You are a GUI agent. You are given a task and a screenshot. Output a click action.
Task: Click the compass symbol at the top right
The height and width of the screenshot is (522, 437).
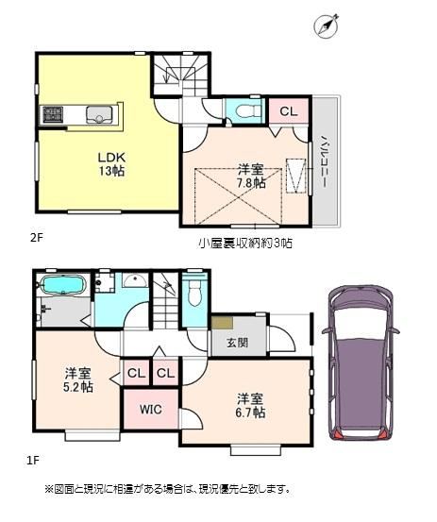pyautogui.click(x=326, y=25)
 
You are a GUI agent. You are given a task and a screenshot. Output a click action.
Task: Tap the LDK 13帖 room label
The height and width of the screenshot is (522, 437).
pyautogui.click(x=111, y=164)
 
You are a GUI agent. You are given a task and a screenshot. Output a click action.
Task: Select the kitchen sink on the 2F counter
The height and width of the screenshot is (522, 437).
pyautogui.click(x=99, y=114)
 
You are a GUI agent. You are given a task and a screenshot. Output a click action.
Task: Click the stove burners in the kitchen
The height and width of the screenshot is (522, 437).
pyautogui.click(x=53, y=114)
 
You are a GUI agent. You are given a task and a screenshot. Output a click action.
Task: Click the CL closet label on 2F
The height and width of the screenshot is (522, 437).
pyautogui.click(x=288, y=111)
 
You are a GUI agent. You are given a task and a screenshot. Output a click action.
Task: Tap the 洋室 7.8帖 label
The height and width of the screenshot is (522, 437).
pyautogui.click(x=252, y=177)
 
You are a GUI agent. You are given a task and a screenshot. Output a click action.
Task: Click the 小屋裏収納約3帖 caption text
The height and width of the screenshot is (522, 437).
pyautogui.click(x=245, y=243)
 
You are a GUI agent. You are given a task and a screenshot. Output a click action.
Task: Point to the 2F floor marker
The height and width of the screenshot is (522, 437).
pyautogui.click(x=37, y=238)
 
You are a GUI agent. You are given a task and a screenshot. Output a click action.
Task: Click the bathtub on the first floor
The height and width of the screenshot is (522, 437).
pyautogui.click(x=62, y=286)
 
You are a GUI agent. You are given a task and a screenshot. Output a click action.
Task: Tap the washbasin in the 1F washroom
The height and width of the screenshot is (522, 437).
pyautogui.click(x=135, y=280)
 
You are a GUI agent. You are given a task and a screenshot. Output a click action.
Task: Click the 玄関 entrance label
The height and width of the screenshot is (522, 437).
pyautogui.click(x=238, y=343)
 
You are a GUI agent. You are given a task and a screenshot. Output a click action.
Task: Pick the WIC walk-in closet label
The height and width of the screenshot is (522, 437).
pyautogui.click(x=151, y=409)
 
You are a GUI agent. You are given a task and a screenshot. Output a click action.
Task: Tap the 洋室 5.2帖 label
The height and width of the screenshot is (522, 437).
pyautogui.click(x=78, y=379)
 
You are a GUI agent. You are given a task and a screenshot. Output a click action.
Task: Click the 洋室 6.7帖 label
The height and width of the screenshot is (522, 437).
pyautogui.click(x=251, y=406)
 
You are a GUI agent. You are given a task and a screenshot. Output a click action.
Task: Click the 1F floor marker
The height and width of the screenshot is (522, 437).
pyautogui.click(x=33, y=461)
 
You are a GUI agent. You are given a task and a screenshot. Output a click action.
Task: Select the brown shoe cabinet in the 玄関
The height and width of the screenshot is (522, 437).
pyautogui.click(x=223, y=322)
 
